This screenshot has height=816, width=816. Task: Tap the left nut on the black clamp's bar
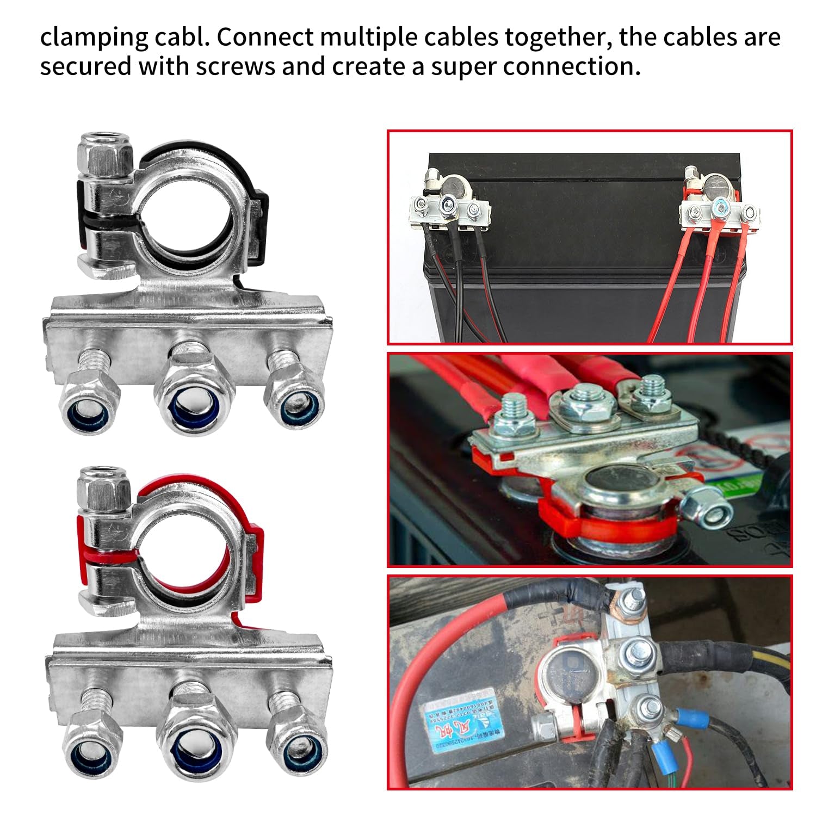(x=90, y=405)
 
